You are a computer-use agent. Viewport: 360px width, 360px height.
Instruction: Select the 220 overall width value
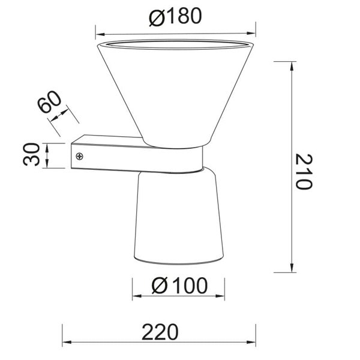160,331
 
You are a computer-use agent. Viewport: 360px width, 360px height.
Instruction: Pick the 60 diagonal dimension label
50,104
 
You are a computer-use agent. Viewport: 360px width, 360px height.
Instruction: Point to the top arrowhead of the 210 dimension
292,65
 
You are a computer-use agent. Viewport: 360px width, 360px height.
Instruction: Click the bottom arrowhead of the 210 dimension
292,268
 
